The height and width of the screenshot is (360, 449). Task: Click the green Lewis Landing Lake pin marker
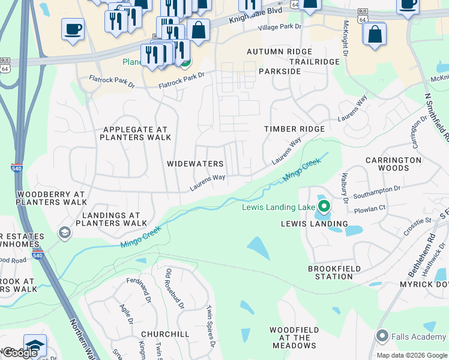(324, 208)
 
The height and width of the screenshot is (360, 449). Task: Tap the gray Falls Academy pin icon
(381, 336)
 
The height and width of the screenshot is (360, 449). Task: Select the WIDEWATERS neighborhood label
(195, 164)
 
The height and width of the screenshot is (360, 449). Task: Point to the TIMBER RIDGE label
(295, 129)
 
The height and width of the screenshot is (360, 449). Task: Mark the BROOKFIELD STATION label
(330, 272)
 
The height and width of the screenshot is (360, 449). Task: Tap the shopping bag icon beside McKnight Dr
(375, 34)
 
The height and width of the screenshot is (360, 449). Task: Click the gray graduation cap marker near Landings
(64, 232)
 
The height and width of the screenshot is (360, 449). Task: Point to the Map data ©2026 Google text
(411, 355)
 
